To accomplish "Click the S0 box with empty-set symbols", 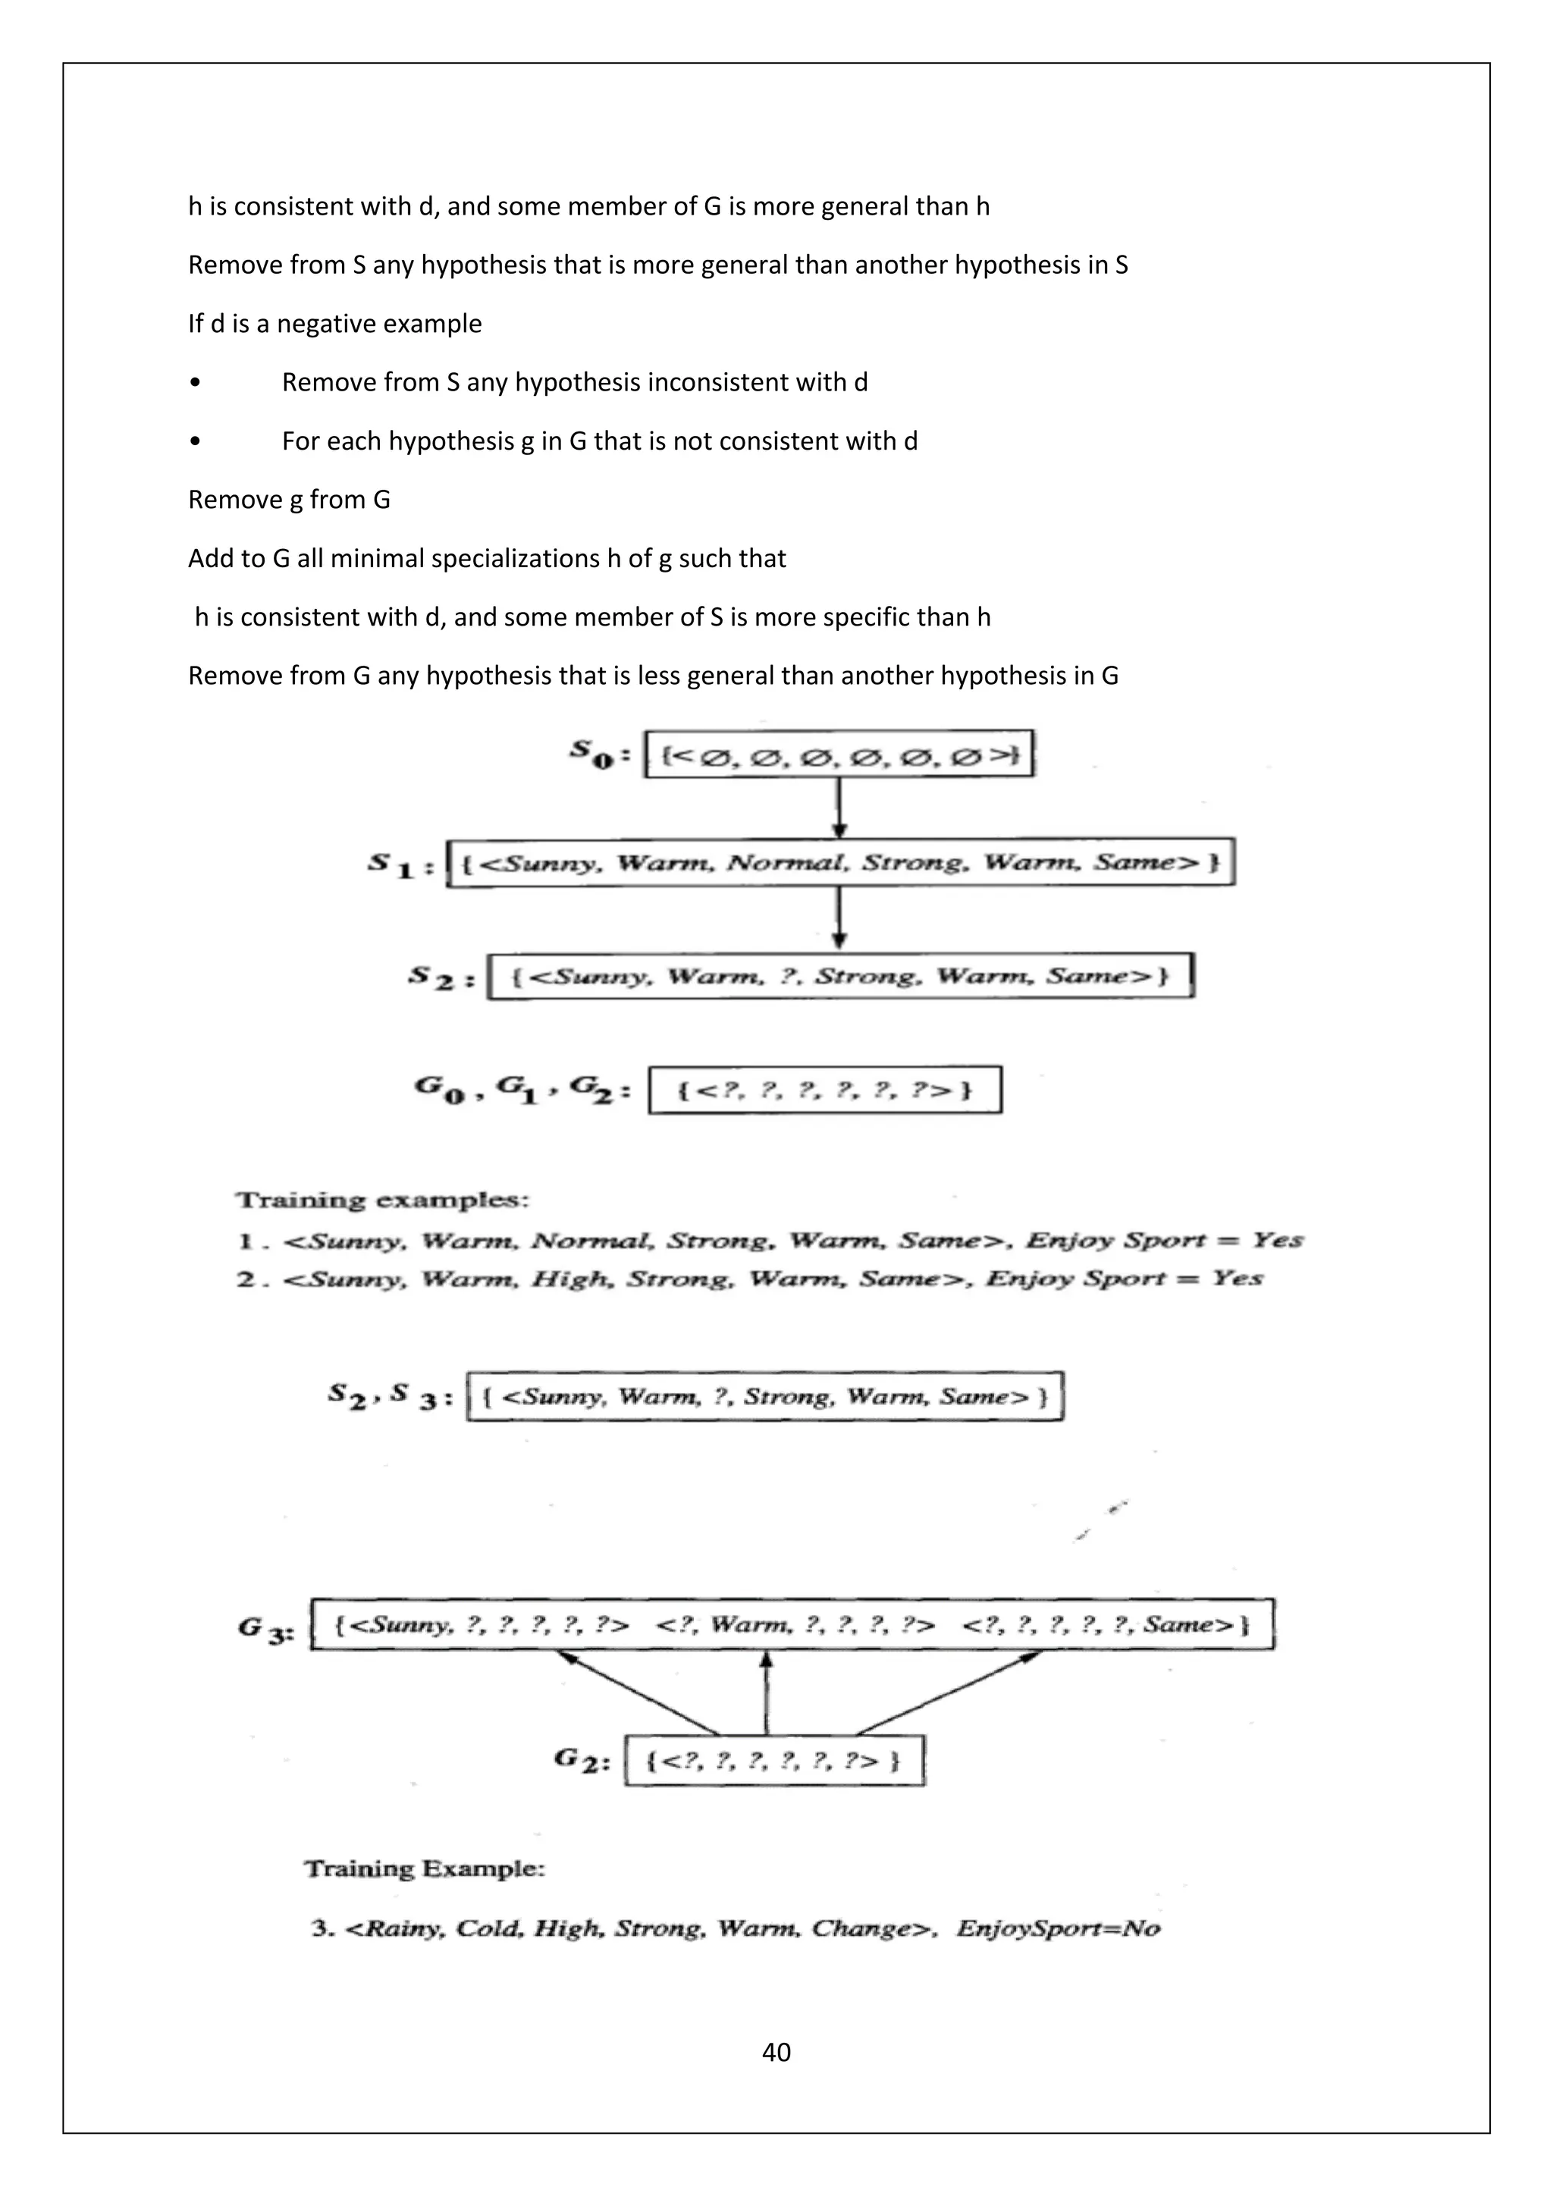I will pos(839,754).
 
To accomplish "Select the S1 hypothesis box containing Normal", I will pos(840,863).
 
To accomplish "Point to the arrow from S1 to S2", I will pos(839,918).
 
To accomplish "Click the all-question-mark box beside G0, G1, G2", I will pos(824,1090).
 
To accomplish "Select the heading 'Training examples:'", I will pos(382,1200).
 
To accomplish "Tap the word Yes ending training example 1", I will pos(1278,1241).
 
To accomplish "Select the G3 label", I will pos(266,1628).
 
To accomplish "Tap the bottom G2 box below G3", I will pos(773,1761).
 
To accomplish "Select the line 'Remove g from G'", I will pos(289,499).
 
